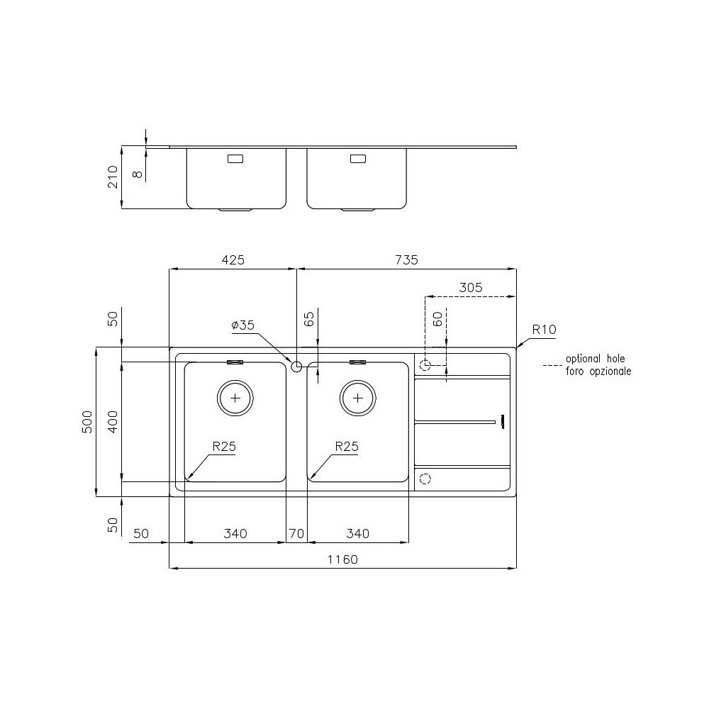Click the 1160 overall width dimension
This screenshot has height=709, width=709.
point(342,559)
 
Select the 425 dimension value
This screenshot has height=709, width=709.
point(233,260)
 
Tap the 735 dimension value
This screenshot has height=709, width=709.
point(406,260)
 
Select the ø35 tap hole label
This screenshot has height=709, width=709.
point(242,325)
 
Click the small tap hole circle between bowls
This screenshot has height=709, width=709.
point(296,366)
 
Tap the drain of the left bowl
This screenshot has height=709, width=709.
point(235,398)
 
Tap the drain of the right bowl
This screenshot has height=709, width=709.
point(357,398)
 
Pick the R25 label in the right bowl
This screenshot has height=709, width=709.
point(346,447)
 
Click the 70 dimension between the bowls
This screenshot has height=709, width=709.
point(296,534)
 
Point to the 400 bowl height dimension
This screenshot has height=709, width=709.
point(111,422)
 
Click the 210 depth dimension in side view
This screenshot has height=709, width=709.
point(111,177)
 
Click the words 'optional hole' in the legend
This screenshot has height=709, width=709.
point(595,359)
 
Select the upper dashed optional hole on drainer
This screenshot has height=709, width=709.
point(425,366)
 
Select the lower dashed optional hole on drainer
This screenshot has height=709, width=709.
point(425,479)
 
